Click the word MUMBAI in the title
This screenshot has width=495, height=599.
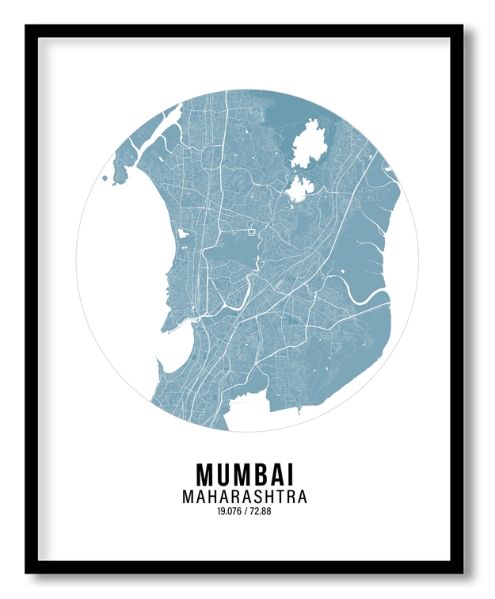[245, 475]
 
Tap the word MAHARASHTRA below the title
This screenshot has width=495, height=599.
[245, 498]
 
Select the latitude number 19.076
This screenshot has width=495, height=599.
[228, 512]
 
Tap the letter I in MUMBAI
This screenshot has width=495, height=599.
[291, 475]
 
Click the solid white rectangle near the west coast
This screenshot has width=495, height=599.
[182, 235]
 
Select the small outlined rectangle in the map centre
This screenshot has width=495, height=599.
[253, 231]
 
